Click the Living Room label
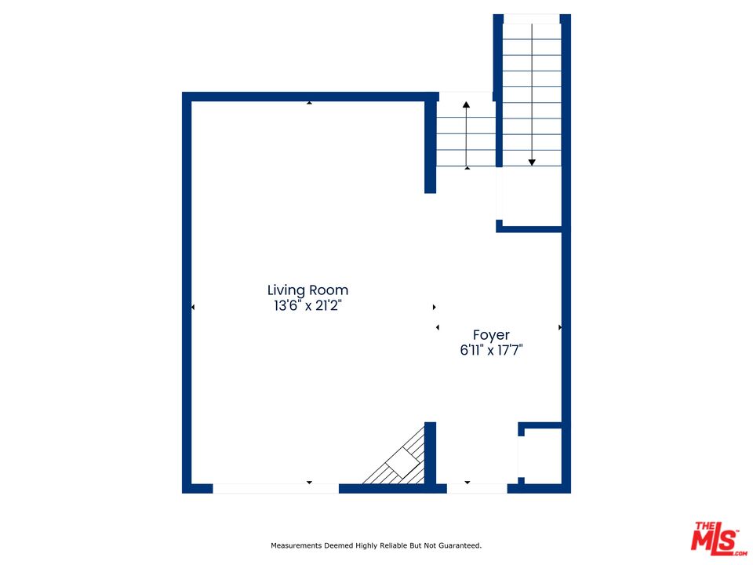[307, 290]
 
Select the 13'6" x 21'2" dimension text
[307, 305]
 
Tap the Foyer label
[491, 335]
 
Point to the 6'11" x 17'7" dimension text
[491, 350]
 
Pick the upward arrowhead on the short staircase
[466, 104]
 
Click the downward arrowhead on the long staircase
[532, 163]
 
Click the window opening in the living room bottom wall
[275, 489]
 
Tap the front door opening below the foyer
[477, 489]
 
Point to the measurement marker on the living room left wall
[193, 307]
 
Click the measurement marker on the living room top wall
[309, 102]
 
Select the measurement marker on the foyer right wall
[560, 328]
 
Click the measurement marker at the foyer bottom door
[467, 483]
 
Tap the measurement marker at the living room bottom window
[309, 483]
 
